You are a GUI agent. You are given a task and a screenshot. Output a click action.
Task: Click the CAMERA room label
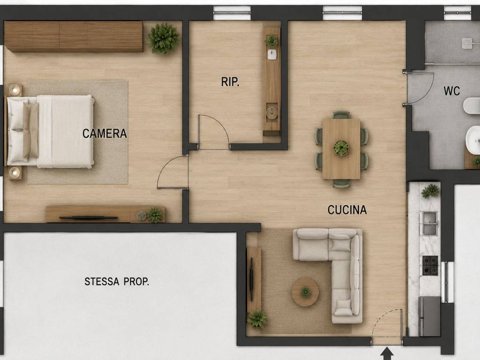[105, 134]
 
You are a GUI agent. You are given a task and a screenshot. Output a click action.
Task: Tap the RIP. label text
[230, 82]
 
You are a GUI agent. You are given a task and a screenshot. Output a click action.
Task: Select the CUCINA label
[347, 210]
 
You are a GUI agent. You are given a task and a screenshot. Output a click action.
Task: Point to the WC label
[451, 90]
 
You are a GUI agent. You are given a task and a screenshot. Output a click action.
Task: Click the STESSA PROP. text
[117, 281]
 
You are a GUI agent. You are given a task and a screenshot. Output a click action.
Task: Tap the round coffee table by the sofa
[305, 292]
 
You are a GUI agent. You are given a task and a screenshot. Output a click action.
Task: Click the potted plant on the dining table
[341, 148]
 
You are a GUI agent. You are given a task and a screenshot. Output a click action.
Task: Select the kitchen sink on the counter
[429, 224]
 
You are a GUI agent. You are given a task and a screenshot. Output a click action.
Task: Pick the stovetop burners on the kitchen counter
[430, 265]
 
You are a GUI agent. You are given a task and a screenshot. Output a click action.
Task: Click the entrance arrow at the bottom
[387, 353]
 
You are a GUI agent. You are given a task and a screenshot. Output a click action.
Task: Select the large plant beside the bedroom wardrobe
[163, 38]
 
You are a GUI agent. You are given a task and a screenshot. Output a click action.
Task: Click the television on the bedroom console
[89, 217]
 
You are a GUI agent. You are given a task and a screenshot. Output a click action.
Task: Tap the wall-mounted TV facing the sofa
[252, 279]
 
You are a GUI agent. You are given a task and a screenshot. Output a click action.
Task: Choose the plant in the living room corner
[257, 319]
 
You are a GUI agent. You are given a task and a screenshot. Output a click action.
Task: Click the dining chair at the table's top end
[341, 115]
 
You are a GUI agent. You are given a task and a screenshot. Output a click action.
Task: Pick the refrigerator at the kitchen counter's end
[429, 316]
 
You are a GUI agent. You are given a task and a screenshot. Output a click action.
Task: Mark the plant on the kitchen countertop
[430, 191]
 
